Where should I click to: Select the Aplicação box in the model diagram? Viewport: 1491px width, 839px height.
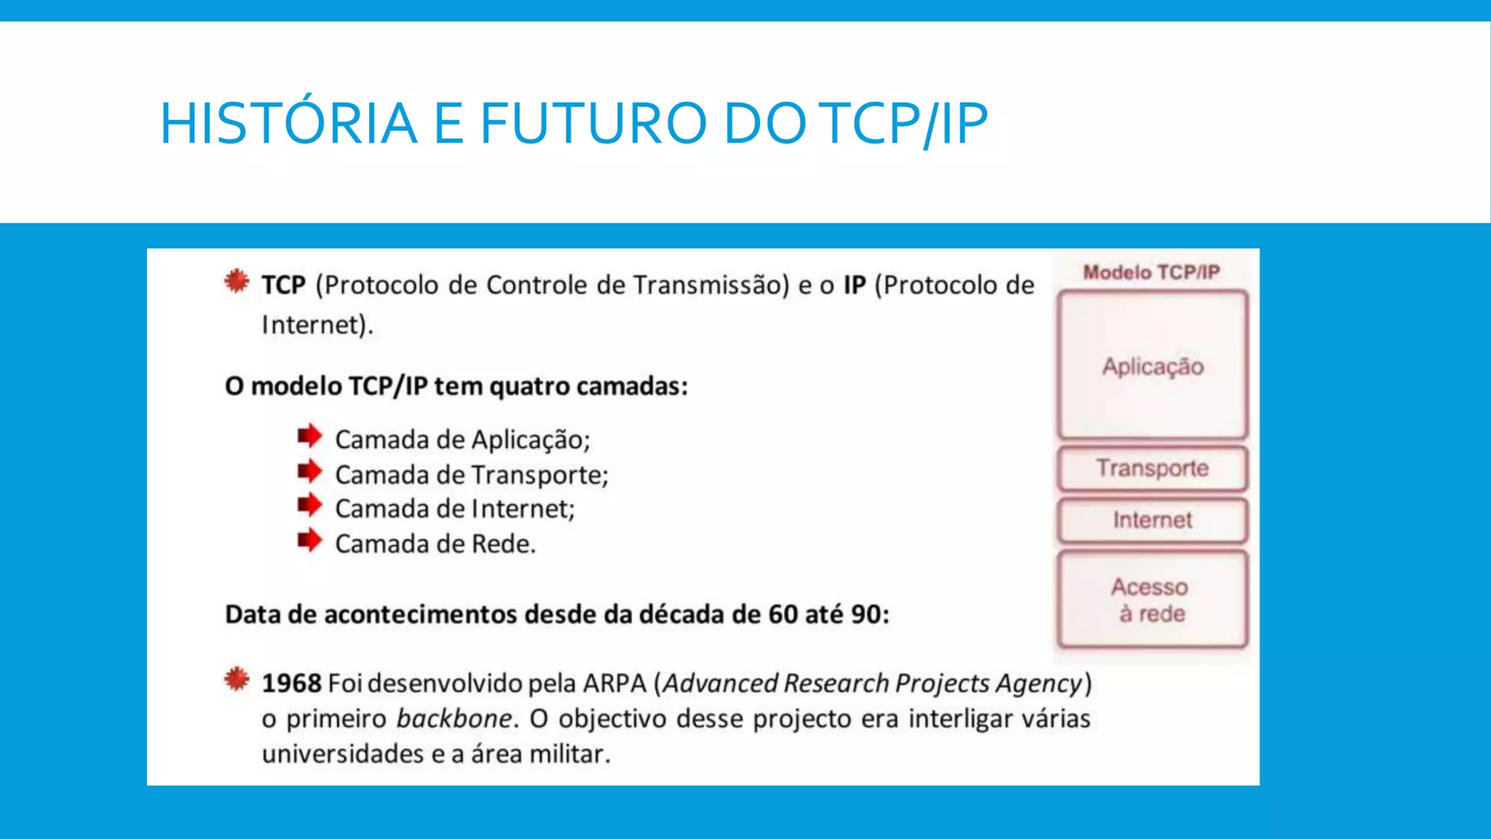[1152, 366]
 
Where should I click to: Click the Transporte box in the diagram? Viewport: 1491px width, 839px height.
[1152, 468]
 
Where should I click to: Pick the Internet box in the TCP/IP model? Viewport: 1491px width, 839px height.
[1152, 520]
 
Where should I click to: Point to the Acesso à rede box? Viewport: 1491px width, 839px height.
[1152, 599]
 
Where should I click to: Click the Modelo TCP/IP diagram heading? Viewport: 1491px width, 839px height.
[1151, 272]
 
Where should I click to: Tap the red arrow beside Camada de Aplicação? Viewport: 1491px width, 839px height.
[309, 436]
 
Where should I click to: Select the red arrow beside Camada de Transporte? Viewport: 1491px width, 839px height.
[309, 471]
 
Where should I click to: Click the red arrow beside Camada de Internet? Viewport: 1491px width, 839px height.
[309, 505]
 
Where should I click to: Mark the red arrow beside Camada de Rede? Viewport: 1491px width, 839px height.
[309, 540]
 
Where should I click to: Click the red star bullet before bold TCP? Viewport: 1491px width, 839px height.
[237, 281]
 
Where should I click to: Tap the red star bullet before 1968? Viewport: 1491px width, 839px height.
[237, 680]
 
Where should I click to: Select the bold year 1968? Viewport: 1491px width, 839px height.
[291, 683]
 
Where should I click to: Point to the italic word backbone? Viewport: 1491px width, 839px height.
[454, 719]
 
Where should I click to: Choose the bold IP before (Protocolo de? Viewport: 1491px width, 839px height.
[855, 285]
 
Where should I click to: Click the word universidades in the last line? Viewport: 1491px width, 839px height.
[342, 754]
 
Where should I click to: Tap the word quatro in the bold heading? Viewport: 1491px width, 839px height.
[529, 386]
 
